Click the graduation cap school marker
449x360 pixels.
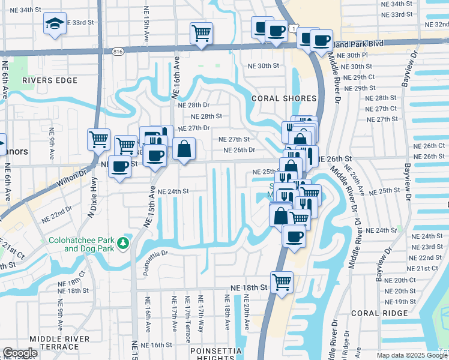(55, 24)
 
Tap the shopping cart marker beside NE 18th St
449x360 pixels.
(281, 281)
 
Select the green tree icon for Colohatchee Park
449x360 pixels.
(124, 242)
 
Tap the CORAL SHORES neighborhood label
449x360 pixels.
(284, 98)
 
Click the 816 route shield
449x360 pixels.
(118, 52)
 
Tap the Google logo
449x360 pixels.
(20, 353)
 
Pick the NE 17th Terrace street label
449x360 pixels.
(188, 316)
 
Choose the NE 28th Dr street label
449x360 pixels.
(193, 105)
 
